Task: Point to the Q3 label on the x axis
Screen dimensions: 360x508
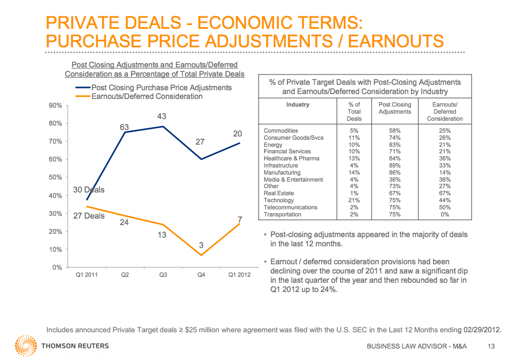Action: [163, 275]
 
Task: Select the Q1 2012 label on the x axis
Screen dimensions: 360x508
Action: [239, 275]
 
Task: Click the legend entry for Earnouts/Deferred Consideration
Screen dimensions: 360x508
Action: [147, 96]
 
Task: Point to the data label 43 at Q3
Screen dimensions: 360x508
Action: [161, 116]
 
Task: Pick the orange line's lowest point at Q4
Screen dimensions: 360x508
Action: [201, 255]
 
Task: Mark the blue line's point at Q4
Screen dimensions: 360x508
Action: [201, 159]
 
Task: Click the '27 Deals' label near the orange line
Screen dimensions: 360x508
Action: [89, 216]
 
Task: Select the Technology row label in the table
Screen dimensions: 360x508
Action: [279, 200]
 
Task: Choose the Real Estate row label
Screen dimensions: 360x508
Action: [279, 193]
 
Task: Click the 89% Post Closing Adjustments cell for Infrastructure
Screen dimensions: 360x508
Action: [394, 165]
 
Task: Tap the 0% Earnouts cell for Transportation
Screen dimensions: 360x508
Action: [444, 214]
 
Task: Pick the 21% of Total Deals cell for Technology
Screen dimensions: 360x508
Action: [354, 200]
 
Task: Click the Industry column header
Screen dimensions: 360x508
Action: [297, 105]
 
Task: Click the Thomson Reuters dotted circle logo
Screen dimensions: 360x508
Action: [26, 346]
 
